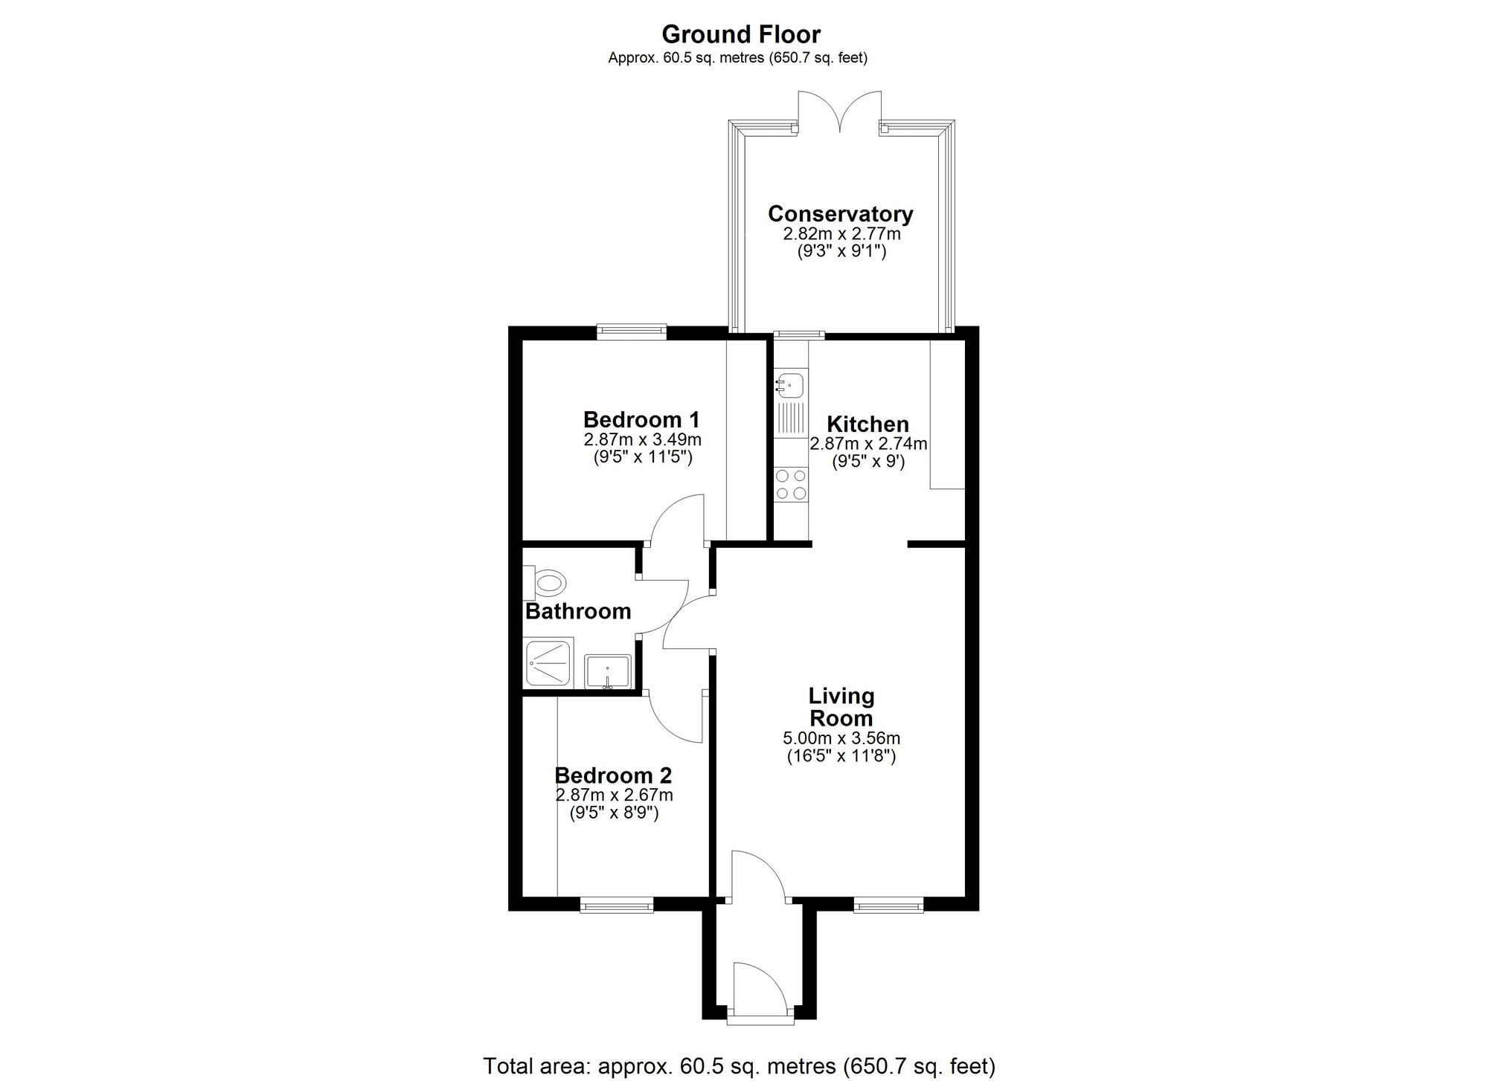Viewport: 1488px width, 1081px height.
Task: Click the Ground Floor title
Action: tap(741, 35)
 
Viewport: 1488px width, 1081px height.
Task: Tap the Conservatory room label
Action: tap(840, 214)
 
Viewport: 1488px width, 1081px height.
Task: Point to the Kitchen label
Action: tap(868, 425)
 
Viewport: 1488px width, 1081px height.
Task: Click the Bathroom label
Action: tap(578, 611)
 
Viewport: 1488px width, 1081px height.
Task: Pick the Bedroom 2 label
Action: tap(613, 775)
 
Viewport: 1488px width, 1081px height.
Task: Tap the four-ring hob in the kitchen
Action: tap(791, 483)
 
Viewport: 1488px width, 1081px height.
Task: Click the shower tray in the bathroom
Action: tap(549, 662)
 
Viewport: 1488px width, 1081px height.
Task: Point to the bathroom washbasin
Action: tap(608, 671)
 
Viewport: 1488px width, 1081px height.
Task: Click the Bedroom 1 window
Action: tap(632, 332)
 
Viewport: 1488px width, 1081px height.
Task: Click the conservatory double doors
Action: tap(839, 112)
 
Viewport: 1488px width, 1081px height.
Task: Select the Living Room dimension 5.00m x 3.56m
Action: tap(841, 738)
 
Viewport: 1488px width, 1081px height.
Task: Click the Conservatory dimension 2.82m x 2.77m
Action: tap(841, 233)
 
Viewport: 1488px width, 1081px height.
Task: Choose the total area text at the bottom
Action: tap(740, 1065)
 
